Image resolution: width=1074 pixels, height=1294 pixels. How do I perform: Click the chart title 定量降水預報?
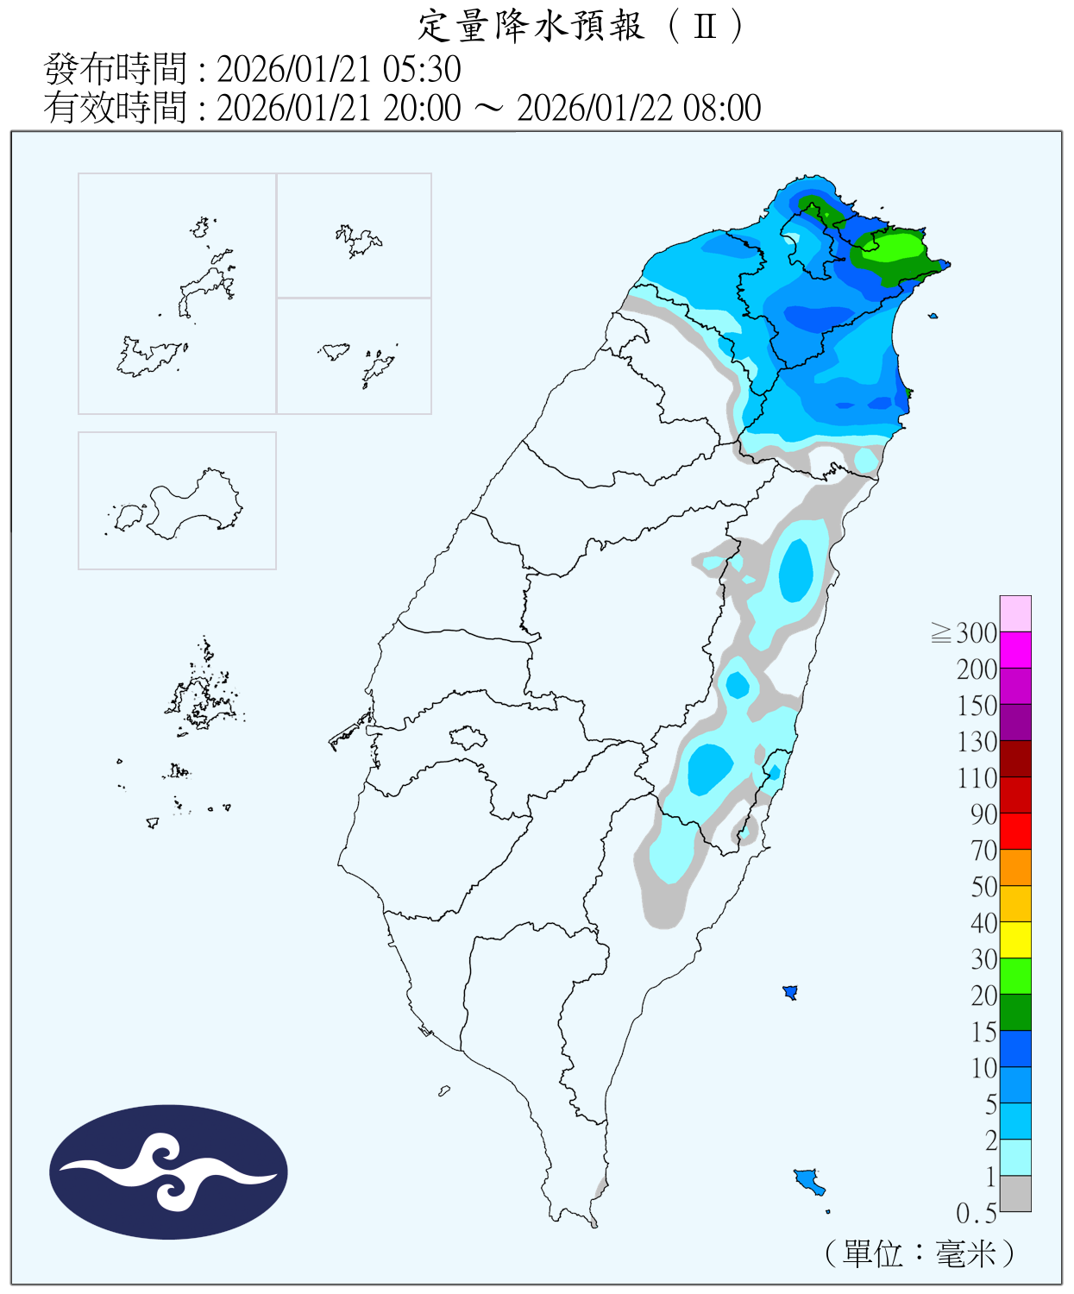(x=531, y=26)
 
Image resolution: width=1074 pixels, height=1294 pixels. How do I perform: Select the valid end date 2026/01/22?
(x=596, y=108)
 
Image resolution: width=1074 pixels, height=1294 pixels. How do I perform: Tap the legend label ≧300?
(x=965, y=633)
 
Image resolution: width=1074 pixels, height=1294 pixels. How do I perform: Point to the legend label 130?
(x=977, y=742)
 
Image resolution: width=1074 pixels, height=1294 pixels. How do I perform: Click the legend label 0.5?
(x=977, y=1214)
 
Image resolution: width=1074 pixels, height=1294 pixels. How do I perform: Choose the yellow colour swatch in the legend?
(x=1015, y=939)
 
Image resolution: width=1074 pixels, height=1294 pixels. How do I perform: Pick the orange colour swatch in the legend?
(x=1015, y=867)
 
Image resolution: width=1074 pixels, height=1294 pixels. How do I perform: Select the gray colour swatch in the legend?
(x=1015, y=1193)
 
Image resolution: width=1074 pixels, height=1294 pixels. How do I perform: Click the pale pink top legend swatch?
(x=1015, y=613)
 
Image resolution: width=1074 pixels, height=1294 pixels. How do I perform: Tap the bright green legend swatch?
(x=1015, y=976)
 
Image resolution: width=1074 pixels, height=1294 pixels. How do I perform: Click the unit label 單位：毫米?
(x=920, y=1253)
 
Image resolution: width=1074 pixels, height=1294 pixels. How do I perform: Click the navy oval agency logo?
(x=168, y=1172)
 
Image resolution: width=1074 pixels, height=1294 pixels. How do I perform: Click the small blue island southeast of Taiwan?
(x=808, y=1179)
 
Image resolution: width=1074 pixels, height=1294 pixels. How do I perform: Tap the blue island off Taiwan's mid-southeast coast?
(x=789, y=992)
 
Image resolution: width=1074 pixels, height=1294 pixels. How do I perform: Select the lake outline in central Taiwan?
(x=468, y=738)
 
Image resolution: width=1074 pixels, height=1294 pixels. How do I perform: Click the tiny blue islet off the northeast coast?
(x=933, y=316)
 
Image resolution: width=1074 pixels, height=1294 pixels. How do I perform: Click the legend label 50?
(x=984, y=887)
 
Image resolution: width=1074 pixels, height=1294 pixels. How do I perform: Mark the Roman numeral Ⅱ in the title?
(x=705, y=26)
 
